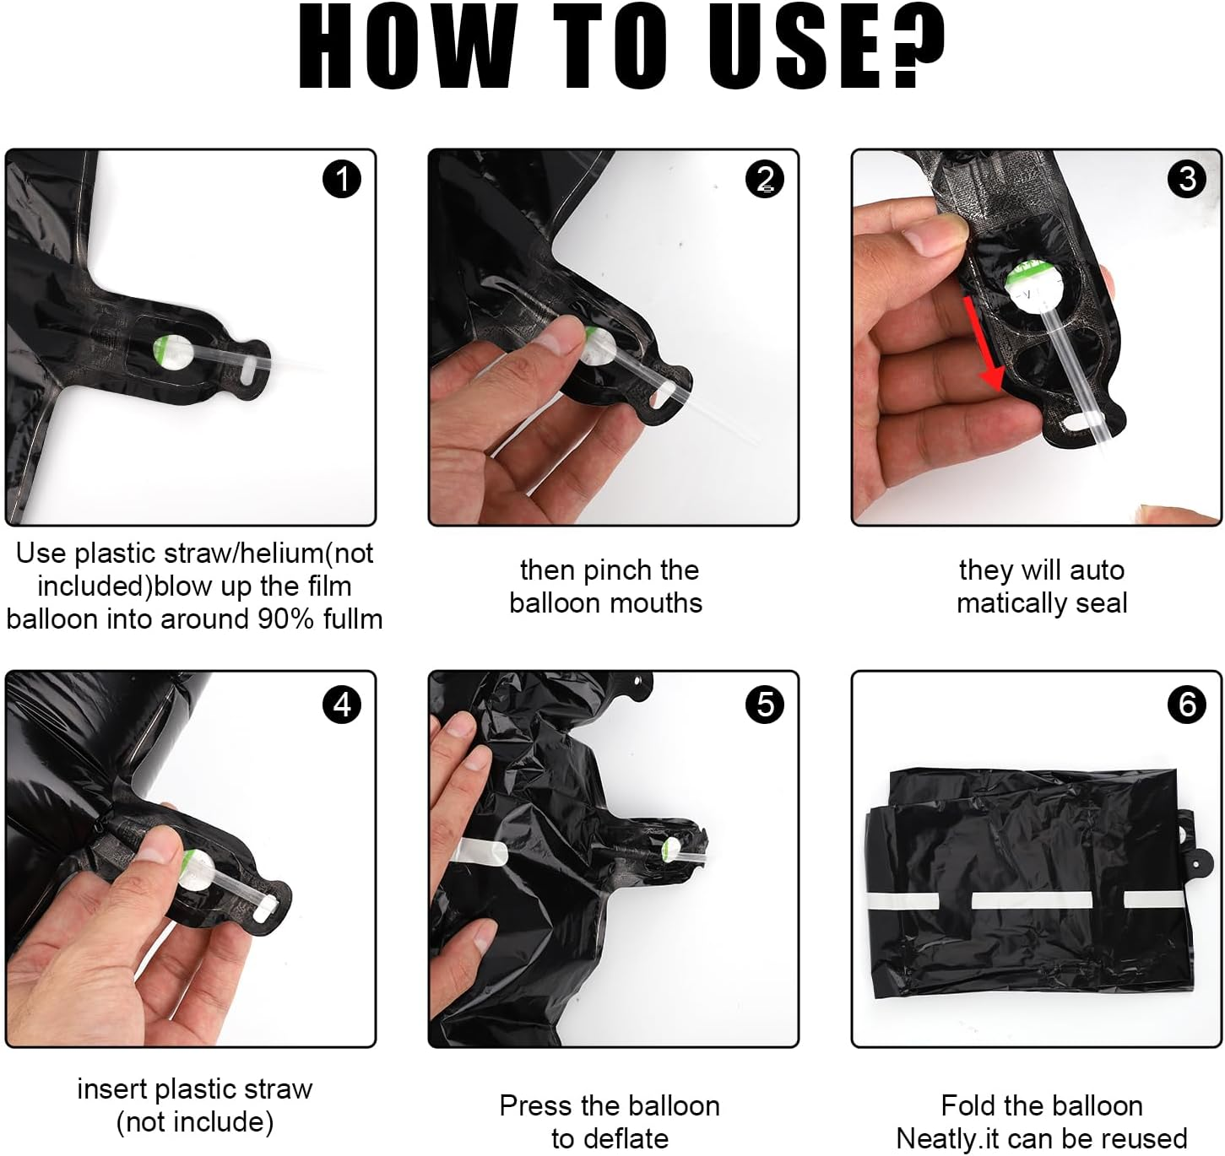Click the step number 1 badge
(341, 179)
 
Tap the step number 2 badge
(764, 179)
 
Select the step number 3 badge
(1187, 179)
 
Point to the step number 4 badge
(341, 704)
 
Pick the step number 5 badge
(764, 704)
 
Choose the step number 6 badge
(1187, 704)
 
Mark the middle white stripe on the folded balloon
(1032, 899)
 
